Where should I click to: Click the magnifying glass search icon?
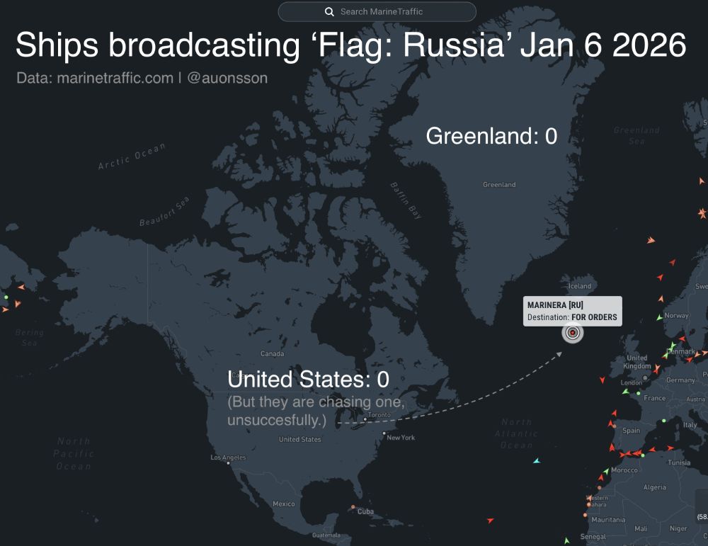[x=329, y=12]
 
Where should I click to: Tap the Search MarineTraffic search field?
[x=382, y=12]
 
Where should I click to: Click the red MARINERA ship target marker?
[x=573, y=333]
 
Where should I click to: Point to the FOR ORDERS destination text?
[x=594, y=317]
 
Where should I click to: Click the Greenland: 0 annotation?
[x=491, y=136]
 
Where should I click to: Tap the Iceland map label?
[x=579, y=286]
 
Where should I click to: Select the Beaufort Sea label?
[x=165, y=212]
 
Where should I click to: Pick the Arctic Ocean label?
[x=132, y=157]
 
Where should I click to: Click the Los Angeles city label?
[x=228, y=457]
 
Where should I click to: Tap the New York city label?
[x=401, y=438]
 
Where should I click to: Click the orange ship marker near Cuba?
[x=353, y=507]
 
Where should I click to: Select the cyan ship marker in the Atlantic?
[x=537, y=461]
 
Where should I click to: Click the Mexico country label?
[x=283, y=504]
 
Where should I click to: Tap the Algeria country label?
[x=655, y=487]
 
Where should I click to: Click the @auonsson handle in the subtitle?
[x=227, y=78]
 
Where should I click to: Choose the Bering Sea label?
[x=29, y=337]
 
